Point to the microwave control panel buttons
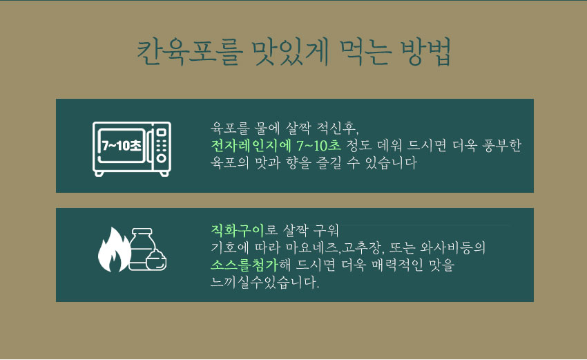[161, 146]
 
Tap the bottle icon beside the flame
[142, 249]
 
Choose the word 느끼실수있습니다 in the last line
[264, 283]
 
